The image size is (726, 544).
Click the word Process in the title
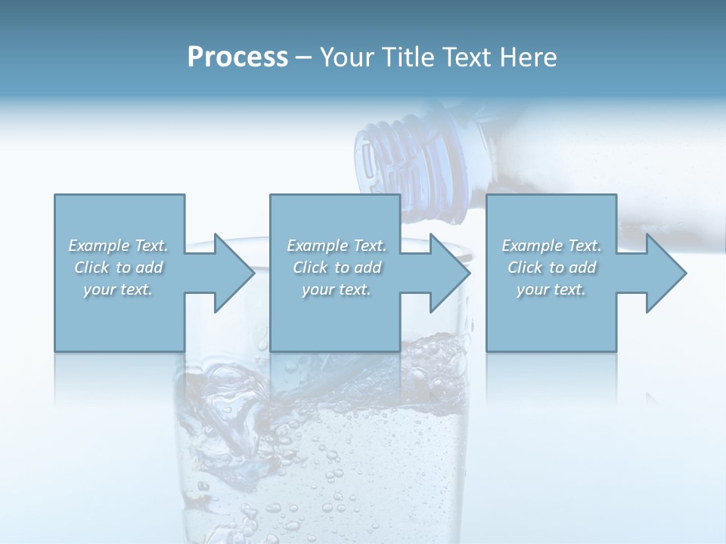click(x=237, y=57)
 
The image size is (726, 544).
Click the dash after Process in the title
click(x=304, y=58)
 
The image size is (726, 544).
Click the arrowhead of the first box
click(x=234, y=273)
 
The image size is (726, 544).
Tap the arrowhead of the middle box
click(x=449, y=273)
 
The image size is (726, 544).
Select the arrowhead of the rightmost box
click(x=665, y=273)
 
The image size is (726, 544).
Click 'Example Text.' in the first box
click(x=119, y=246)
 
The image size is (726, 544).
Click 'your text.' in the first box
click(x=119, y=289)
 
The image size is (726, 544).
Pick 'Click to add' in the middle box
click(x=337, y=267)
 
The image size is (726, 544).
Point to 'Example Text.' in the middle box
click(x=337, y=246)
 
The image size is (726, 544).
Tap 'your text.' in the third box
click(x=551, y=289)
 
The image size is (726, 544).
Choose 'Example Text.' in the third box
click(x=551, y=246)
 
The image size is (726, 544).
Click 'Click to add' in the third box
click(x=551, y=267)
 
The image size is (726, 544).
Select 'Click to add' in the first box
click(x=119, y=267)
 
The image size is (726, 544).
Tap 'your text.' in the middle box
click(x=337, y=289)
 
